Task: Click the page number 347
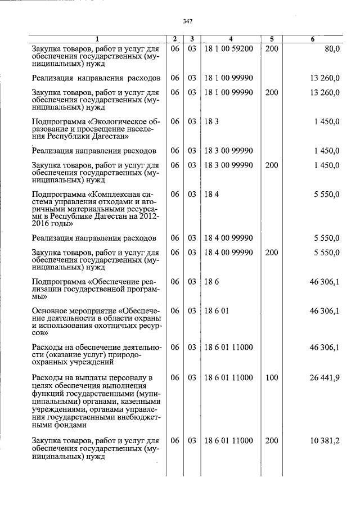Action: click(x=188, y=21)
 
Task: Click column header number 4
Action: click(x=231, y=39)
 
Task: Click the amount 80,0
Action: click(x=330, y=49)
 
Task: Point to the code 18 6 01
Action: click(x=216, y=311)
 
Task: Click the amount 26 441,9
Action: click(x=324, y=378)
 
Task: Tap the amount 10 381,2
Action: click(x=324, y=441)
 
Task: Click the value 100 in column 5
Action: click(x=272, y=378)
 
